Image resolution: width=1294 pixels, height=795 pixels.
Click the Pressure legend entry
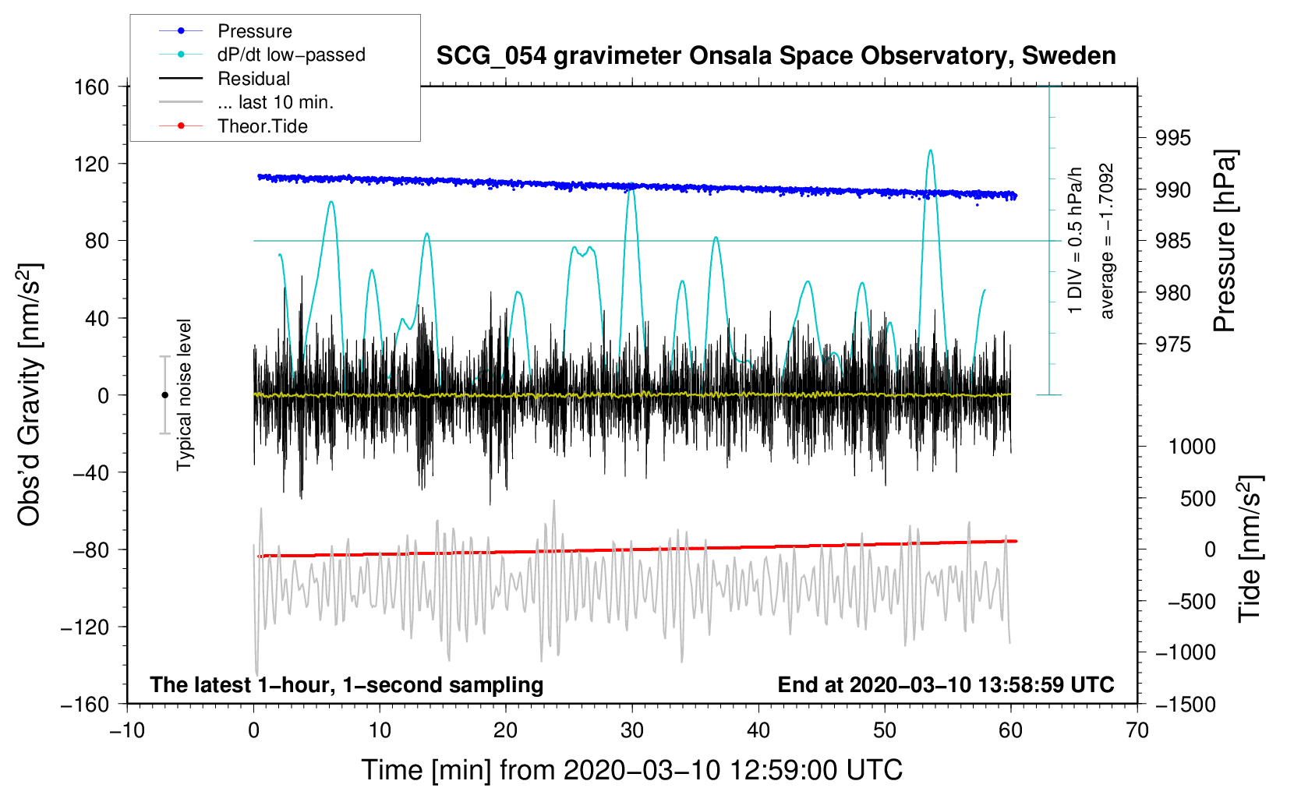[x=226, y=30]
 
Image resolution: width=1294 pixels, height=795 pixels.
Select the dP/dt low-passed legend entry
[x=262, y=55]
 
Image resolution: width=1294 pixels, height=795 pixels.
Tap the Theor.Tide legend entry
[x=233, y=126]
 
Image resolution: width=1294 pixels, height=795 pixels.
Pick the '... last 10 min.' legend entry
[x=246, y=102]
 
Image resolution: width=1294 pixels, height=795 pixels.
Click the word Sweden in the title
[x=1069, y=56]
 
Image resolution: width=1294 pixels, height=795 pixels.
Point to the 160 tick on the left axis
[x=91, y=87]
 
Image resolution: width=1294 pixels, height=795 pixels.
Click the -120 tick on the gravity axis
[x=85, y=627]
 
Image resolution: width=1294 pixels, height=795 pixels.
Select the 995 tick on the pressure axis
[x=1172, y=138]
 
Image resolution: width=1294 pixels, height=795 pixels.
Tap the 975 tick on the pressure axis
[x=1172, y=345]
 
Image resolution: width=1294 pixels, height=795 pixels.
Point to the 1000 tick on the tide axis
[x=1192, y=447]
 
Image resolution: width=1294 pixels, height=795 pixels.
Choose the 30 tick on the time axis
[x=632, y=731]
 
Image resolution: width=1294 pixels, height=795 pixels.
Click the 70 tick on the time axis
[x=1137, y=731]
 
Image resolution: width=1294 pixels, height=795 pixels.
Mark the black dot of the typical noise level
[x=164, y=395]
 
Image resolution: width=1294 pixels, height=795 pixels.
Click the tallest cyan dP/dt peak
[x=930, y=150]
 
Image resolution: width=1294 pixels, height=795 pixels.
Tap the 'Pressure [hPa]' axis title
[x=1225, y=241]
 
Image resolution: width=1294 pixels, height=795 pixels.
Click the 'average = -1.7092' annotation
[x=1106, y=241]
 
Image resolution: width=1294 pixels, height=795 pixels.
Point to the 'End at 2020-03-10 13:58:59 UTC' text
[x=946, y=684]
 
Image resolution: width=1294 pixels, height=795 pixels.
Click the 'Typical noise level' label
[x=184, y=395]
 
